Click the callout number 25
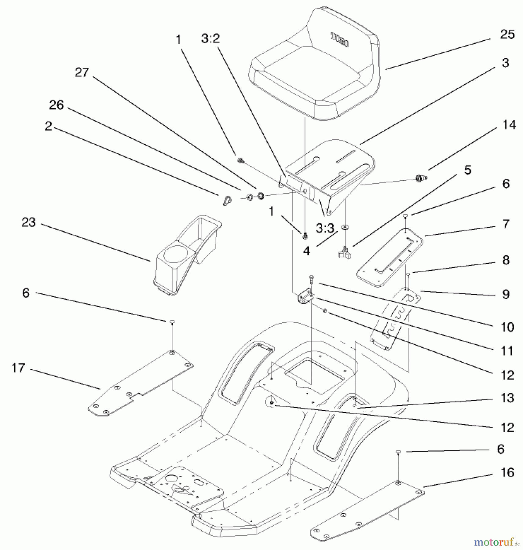[507, 34]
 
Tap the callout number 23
[28, 222]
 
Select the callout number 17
[18, 368]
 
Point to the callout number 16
[507, 472]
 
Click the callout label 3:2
[210, 39]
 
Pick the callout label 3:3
[325, 228]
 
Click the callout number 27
[82, 73]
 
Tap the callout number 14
[509, 125]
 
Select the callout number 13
[507, 398]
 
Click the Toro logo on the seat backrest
[340, 40]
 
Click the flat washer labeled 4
[345, 227]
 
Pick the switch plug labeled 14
[421, 178]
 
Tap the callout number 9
[506, 294]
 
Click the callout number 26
[56, 105]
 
